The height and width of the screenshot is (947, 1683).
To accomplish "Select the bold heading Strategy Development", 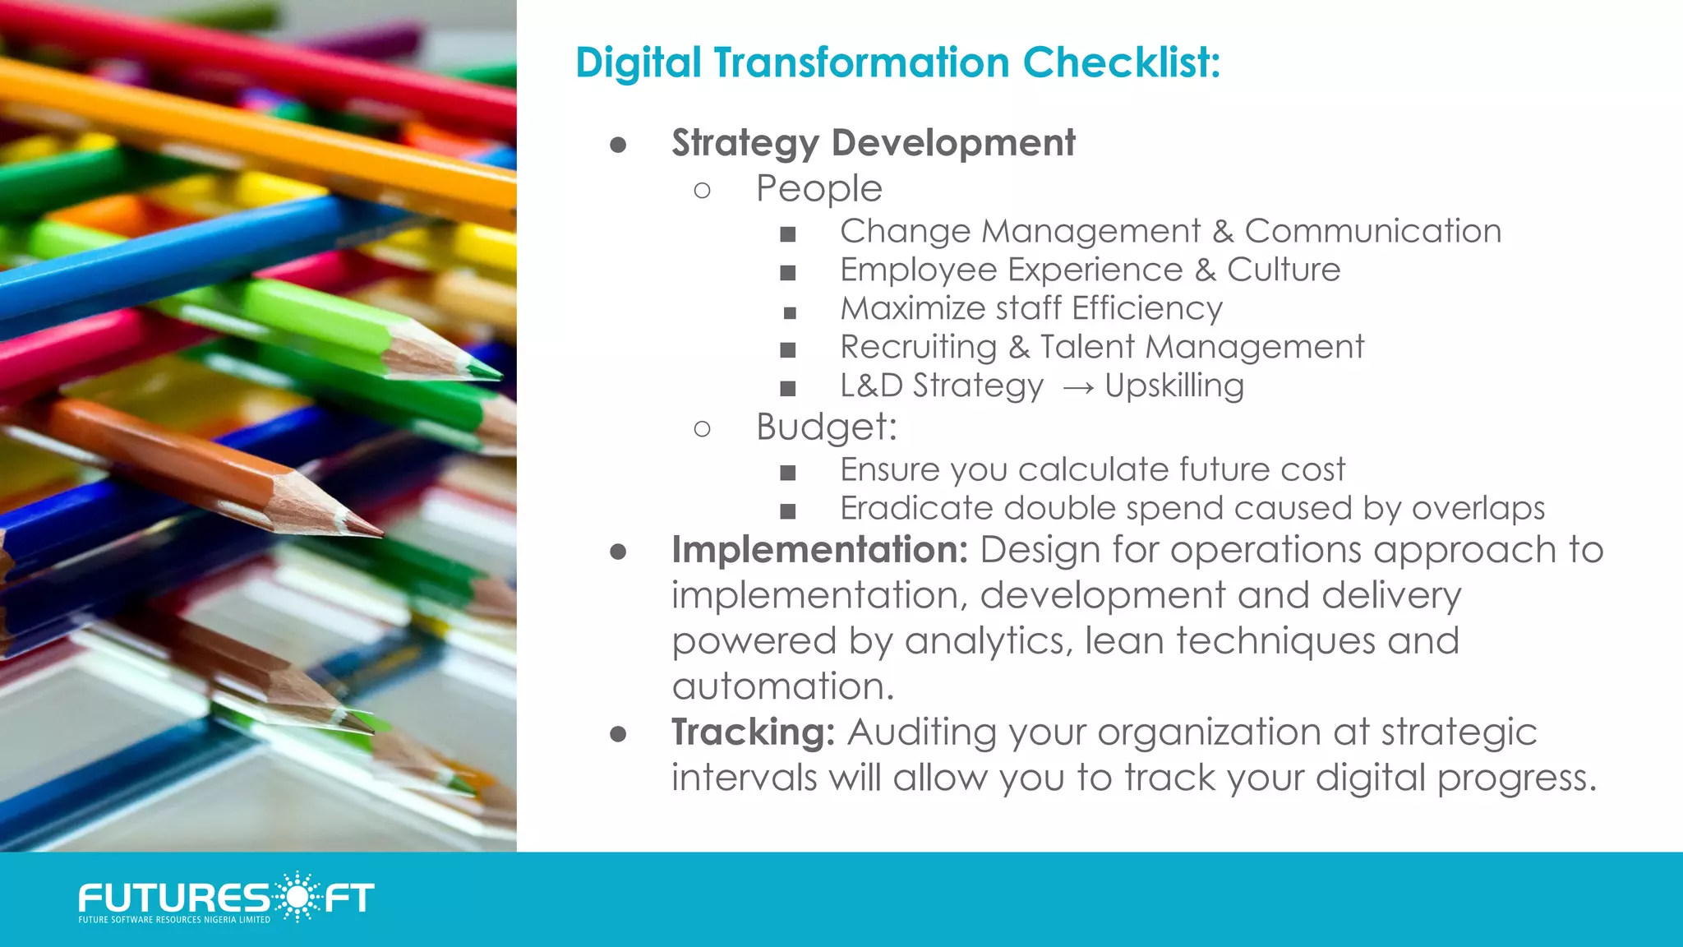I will [873, 144].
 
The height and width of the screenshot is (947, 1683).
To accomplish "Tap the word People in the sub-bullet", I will [818, 189].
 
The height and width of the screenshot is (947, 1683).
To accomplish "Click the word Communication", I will [1372, 232].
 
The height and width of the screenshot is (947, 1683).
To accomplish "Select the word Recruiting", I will [918, 348].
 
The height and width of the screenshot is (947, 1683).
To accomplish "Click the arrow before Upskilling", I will [1077, 387].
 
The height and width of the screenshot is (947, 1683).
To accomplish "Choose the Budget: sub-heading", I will [826, 427].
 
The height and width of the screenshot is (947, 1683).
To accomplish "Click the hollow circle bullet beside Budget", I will [702, 428].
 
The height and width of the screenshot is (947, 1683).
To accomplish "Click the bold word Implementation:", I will [819, 550].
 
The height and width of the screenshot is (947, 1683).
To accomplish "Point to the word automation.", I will [782, 686].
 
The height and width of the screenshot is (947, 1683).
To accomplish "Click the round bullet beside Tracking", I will [619, 733].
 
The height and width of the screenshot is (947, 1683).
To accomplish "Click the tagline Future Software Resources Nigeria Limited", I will [174, 920].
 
